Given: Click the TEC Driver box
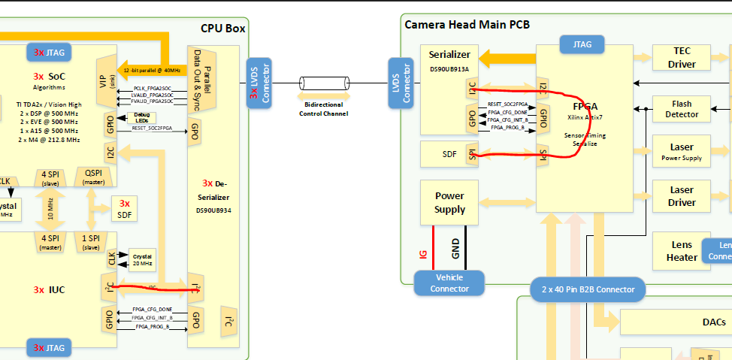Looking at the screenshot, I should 682,58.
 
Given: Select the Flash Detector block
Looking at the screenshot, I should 682,108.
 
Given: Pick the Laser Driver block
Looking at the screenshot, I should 682,197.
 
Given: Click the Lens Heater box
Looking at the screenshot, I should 682,251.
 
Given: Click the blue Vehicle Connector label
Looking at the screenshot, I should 450,283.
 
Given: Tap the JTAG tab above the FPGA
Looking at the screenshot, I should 582,44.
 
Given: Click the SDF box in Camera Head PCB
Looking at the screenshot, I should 449,154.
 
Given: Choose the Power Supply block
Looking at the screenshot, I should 449,203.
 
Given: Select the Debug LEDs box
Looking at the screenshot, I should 141,118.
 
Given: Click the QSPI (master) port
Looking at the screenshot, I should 93,177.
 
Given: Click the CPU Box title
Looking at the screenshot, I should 223,29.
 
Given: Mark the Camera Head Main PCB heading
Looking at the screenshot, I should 467,24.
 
